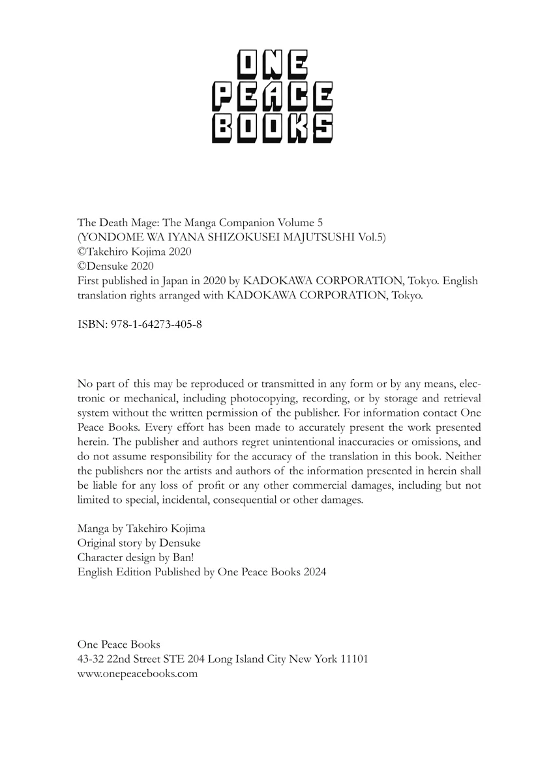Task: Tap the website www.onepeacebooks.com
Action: pyautogui.click(x=137, y=674)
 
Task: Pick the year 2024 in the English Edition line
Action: pyautogui.click(x=312, y=572)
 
